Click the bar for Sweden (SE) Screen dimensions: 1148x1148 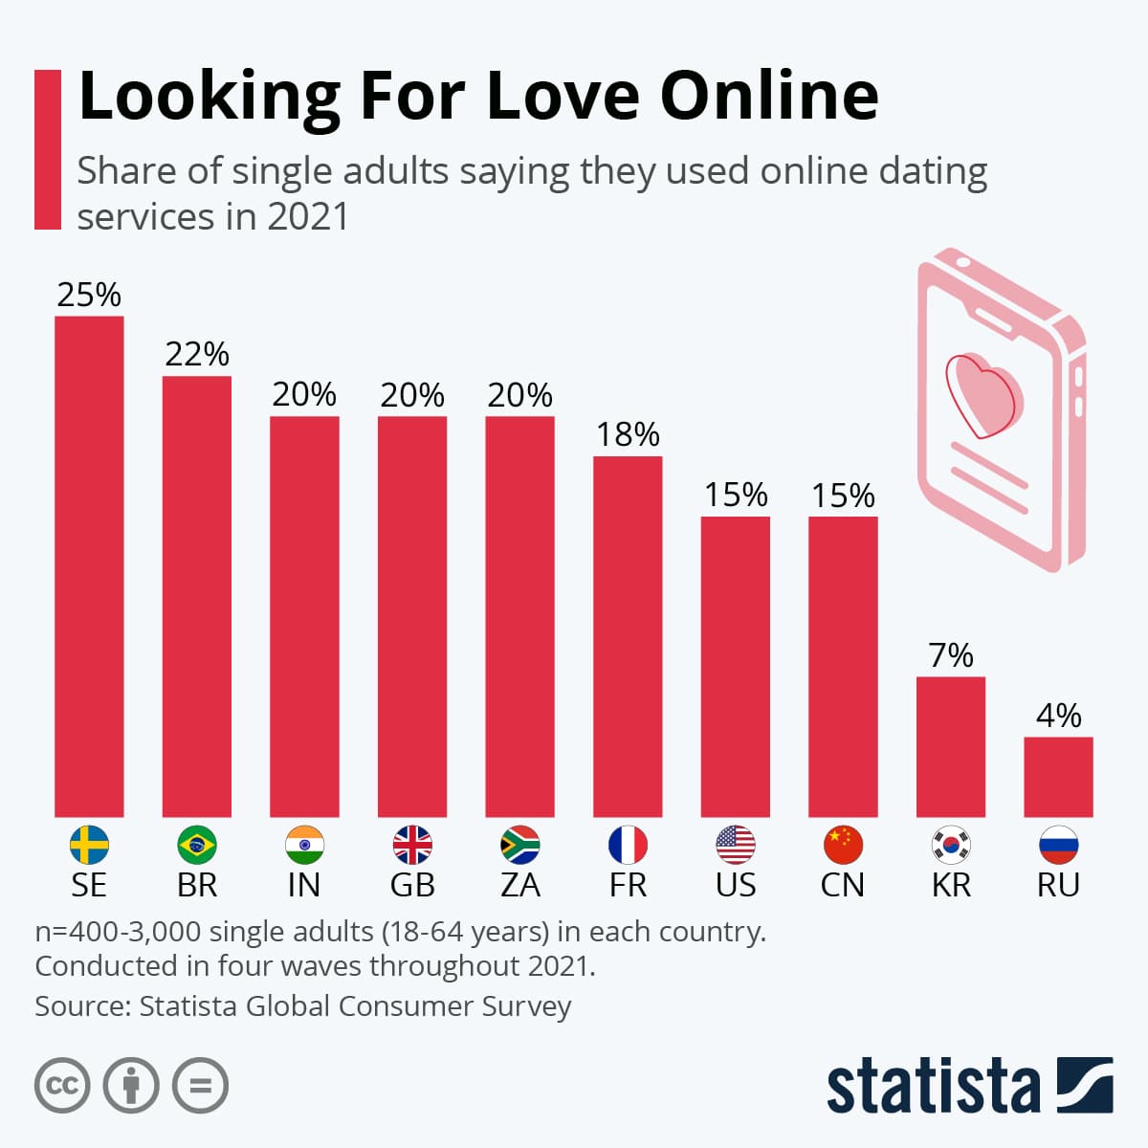tap(89, 565)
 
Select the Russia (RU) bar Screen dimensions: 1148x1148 tap(1058, 776)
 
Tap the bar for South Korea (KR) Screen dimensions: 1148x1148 tap(951, 746)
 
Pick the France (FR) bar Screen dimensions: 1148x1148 tap(628, 636)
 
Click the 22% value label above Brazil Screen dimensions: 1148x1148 tap(197, 354)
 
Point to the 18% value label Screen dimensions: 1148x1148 tap(628, 434)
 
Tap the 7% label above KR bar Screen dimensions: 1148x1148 tap(951, 655)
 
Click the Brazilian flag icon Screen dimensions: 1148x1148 tap(197, 845)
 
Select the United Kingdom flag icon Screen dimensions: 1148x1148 tap(412, 845)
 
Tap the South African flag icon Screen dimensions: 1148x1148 tap(520, 845)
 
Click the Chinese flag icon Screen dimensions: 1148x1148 tap(843, 845)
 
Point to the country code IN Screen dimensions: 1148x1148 tap(304, 885)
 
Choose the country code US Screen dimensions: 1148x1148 tap(736, 885)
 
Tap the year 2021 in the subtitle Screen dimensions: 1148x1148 tap(308, 216)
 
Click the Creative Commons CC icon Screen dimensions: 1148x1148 tap(62, 1085)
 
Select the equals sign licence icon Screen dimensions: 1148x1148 tap(200, 1085)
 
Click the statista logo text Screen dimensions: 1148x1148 tap(933, 1087)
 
